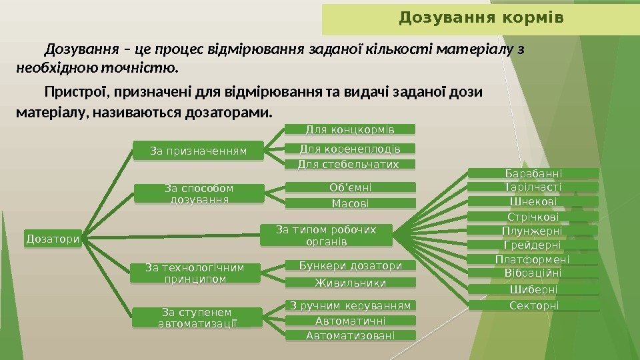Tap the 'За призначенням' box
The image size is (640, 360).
click(198, 151)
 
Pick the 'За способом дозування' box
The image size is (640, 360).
click(198, 193)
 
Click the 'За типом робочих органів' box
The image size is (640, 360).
click(325, 235)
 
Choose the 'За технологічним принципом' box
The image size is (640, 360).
click(195, 273)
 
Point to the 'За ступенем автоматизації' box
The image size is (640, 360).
click(198, 317)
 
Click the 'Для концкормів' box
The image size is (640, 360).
click(351, 128)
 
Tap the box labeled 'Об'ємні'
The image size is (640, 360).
click(351, 187)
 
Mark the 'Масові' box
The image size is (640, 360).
click(351, 203)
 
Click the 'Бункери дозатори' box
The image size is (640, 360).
click(351, 266)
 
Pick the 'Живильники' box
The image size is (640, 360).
click(351, 283)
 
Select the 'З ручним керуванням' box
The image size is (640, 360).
click(351, 306)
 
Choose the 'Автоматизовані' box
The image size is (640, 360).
click(351, 335)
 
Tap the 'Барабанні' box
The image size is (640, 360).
click(533, 174)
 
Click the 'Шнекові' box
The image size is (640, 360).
click(533, 201)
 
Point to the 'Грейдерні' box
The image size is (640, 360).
click(533, 245)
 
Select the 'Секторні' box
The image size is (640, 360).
click(533, 305)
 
